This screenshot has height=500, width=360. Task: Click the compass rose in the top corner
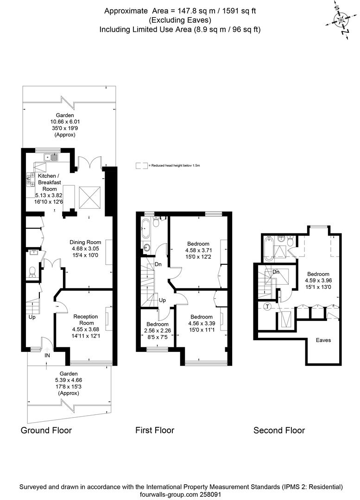pyautogui.click(x=341, y=20)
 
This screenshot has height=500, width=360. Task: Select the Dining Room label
pyautogui.click(x=85, y=242)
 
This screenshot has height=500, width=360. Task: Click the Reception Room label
pyautogui.click(x=86, y=320)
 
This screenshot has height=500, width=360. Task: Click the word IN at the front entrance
pyautogui.click(x=47, y=355)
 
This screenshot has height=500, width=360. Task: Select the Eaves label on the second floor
pyautogui.click(x=323, y=340)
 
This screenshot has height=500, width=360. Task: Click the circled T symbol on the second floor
pyautogui.click(x=267, y=306)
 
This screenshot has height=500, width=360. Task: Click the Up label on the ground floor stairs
pyautogui.click(x=32, y=318)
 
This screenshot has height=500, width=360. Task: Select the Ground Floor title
pyautogui.click(x=46, y=431)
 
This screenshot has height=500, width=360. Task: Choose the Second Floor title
pyautogui.click(x=279, y=431)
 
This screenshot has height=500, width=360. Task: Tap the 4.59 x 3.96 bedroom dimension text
pyautogui.click(x=319, y=280)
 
